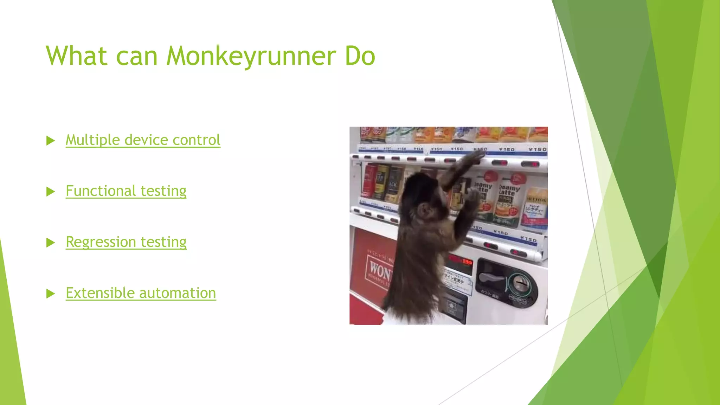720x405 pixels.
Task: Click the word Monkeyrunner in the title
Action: click(x=251, y=56)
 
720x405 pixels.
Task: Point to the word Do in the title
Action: click(x=360, y=56)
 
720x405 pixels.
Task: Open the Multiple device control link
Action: click(x=143, y=140)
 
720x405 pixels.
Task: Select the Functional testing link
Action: click(x=126, y=191)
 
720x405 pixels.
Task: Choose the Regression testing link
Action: click(x=126, y=242)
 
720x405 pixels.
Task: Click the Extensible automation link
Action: click(x=141, y=293)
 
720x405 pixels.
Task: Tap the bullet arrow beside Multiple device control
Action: click(x=51, y=141)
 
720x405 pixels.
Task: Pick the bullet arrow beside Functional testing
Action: click(x=51, y=192)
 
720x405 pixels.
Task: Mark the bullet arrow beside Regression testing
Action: click(x=51, y=243)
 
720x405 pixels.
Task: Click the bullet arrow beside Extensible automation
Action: click(x=51, y=294)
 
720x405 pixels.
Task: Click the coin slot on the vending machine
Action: click(x=521, y=282)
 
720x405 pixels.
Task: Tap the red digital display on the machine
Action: click(x=459, y=262)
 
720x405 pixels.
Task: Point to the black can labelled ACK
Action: click(x=394, y=185)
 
